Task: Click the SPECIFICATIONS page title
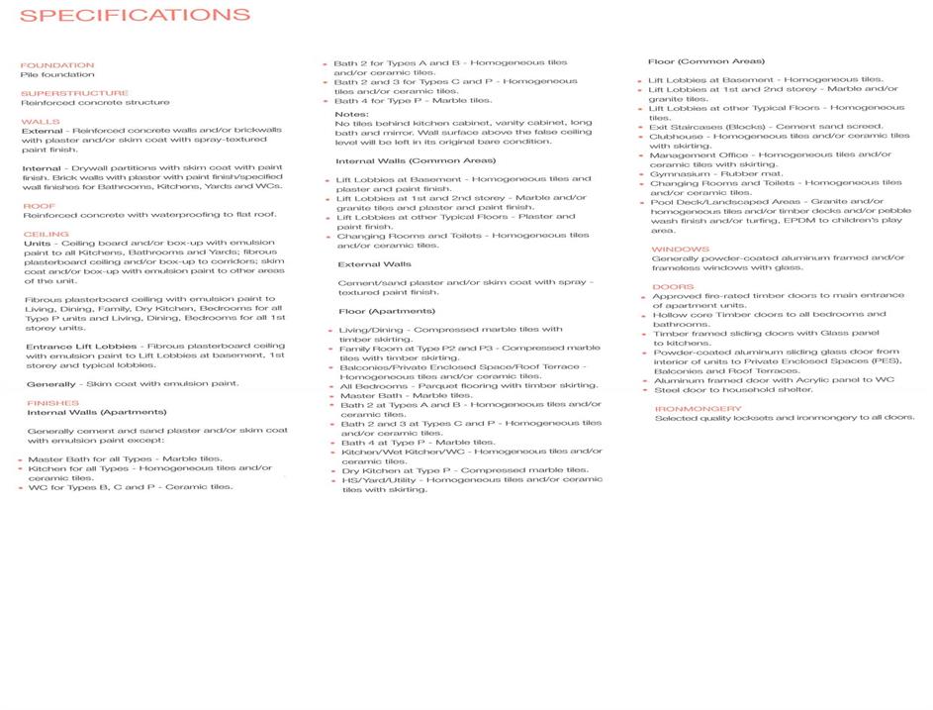135,16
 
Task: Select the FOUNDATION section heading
57,65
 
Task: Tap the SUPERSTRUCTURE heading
74,93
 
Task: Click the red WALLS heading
41,122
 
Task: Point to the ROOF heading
40,206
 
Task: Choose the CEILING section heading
46,235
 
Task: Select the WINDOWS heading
680,249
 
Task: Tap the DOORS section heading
673,287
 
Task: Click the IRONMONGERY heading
698,408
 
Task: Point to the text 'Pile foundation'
58,74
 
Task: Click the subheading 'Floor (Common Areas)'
705,61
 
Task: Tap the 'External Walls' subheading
374,264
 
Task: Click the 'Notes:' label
351,114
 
